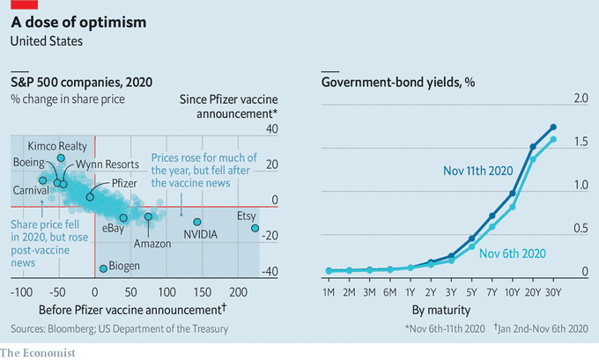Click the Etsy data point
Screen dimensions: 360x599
(x=255, y=228)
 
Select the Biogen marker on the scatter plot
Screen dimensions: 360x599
(x=103, y=268)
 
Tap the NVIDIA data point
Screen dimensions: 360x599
(x=197, y=222)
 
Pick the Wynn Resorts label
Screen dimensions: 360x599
(x=106, y=165)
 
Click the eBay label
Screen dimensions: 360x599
(x=114, y=228)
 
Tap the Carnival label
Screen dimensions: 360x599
(x=30, y=190)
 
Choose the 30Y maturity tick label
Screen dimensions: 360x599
(x=553, y=291)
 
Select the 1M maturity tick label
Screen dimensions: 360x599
(x=329, y=291)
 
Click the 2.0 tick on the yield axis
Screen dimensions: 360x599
(x=581, y=98)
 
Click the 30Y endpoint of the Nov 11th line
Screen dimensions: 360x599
(x=553, y=127)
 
